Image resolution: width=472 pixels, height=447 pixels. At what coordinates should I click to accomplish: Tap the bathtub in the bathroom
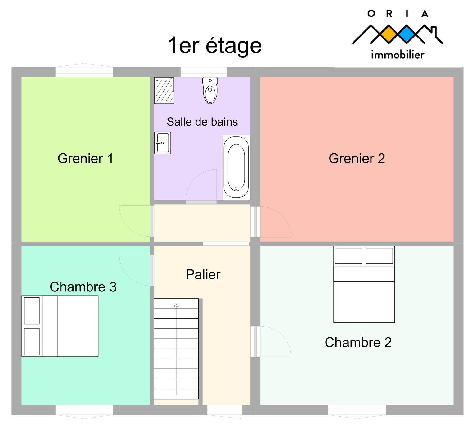click(x=236, y=167)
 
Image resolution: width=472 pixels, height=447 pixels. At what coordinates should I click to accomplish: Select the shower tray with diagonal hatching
click(x=164, y=90)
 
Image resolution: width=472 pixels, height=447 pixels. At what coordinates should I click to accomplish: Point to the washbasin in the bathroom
click(x=163, y=143)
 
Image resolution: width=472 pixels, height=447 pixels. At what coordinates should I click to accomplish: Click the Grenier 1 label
click(x=85, y=158)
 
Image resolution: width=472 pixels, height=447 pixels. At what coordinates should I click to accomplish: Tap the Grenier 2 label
click(x=357, y=158)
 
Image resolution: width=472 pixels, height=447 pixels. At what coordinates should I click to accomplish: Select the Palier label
click(x=203, y=274)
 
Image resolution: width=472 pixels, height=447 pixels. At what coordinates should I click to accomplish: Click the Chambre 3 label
click(x=83, y=287)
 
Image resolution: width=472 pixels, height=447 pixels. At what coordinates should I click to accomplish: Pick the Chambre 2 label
click(x=358, y=342)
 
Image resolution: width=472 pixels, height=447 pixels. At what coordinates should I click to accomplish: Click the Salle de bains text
click(x=202, y=122)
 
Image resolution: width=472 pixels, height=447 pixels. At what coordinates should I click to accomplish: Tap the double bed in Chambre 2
click(x=364, y=284)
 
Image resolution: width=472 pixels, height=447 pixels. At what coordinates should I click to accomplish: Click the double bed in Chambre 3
click(x=60, y=326)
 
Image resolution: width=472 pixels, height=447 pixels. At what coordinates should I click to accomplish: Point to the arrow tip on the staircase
click(x=176, y=305)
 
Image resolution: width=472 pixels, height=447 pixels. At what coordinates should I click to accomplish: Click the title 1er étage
click(x=215, y=45)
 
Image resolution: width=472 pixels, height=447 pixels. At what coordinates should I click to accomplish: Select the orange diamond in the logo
click(x=389, y=34)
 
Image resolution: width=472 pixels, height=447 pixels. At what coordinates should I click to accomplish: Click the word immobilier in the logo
click(x=398, y=55)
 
